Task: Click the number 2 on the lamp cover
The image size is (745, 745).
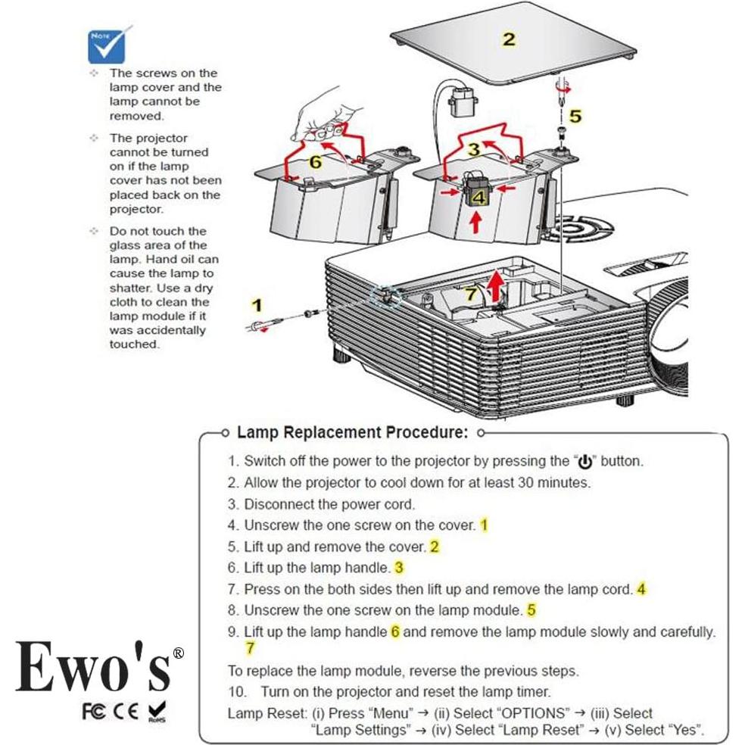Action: [x=509, y=39]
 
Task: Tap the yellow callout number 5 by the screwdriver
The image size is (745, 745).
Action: [x=575, y=116]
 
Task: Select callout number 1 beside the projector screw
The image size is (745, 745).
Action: [x=257, y=305]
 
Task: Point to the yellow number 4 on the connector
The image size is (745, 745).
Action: [x=478, y=198]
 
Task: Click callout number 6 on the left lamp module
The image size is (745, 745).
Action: [x=316, y=162]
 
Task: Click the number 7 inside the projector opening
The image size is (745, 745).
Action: [x=470, y=293]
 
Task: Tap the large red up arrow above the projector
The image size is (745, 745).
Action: [x=496, y=286]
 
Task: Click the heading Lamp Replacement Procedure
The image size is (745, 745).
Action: [x=352, y=433]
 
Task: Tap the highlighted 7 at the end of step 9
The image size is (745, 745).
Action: [x=251, y=649]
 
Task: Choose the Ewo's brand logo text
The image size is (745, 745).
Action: [x=95, y=666]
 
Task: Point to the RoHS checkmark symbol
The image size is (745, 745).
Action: [x=159, y=711]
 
